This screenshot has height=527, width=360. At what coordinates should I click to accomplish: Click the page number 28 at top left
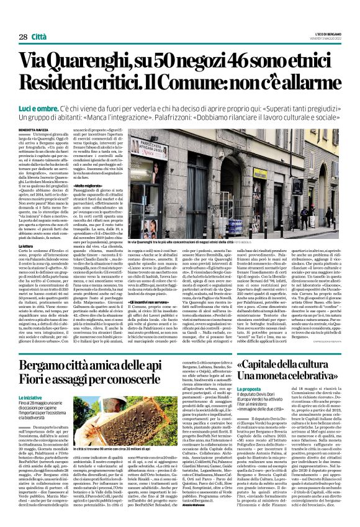tap(23, 38)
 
